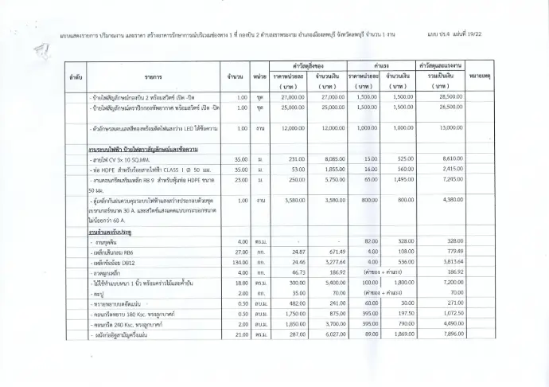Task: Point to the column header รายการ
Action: [x=154, y=77]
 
